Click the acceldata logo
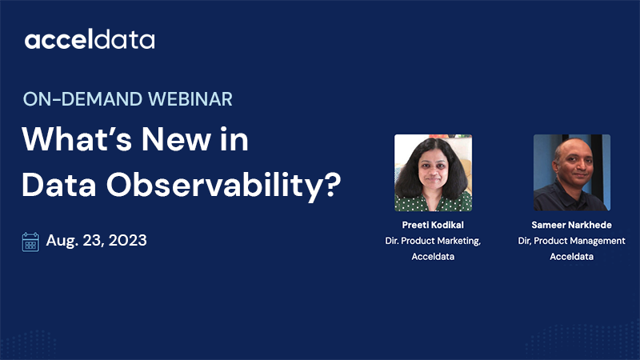(x=90, y=40)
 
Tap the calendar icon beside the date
(x=30, y=241)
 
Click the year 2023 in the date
(x=126, y=240)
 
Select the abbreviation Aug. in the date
(x=62, y=241)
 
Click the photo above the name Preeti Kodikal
(x=433, y=173)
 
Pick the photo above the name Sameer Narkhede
(x=572, y=173)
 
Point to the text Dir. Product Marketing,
(x=433, y=242)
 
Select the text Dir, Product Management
(x=572, y=242)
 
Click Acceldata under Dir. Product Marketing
(x=433, y=257)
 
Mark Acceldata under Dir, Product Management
(x=572, y=257)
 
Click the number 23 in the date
(x=92, y=240)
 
